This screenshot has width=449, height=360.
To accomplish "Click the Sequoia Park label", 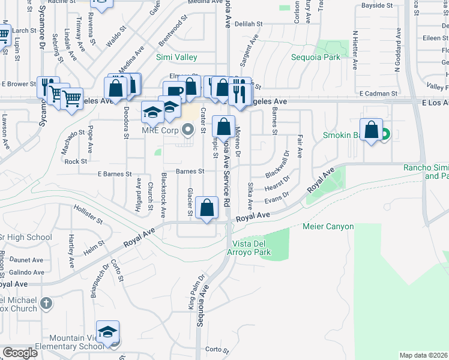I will click(315, 57).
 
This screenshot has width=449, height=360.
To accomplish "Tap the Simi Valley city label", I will click(176, 57).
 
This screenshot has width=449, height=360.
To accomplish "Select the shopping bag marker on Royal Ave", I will click(207, 208).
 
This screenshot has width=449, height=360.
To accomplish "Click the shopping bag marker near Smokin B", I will click(372, 130).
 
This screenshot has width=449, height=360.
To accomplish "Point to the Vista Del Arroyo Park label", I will click(252, 248).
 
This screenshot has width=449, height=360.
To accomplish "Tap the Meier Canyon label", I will click(327, 227).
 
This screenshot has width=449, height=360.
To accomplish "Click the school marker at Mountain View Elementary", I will click(108, 332).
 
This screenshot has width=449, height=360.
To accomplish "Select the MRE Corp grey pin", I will click(188, 128).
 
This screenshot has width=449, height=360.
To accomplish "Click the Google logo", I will click(20, 352).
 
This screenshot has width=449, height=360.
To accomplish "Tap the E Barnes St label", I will click(114, 174).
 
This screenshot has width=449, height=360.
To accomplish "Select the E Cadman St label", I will click(378, 94).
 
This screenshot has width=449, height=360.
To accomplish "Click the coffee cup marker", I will click(174, 92).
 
